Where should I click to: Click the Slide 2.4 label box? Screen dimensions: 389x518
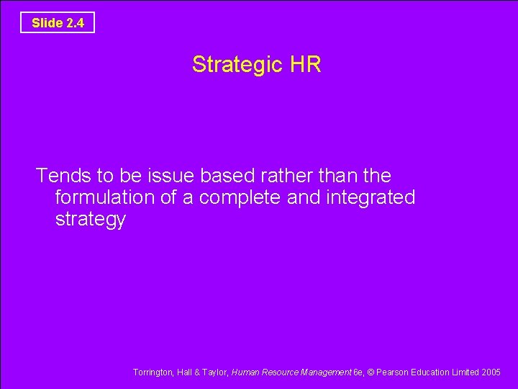58,23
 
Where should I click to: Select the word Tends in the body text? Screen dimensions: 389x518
60,175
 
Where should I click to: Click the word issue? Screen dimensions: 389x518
173,175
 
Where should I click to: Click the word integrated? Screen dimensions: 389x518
372,197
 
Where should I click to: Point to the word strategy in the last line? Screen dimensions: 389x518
90,220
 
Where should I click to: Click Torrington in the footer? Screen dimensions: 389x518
153,372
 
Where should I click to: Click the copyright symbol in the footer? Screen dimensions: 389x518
371,372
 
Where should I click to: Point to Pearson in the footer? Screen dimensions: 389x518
393,372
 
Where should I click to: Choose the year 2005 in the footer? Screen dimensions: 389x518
491,372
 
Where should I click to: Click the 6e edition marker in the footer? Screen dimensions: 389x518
358,372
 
